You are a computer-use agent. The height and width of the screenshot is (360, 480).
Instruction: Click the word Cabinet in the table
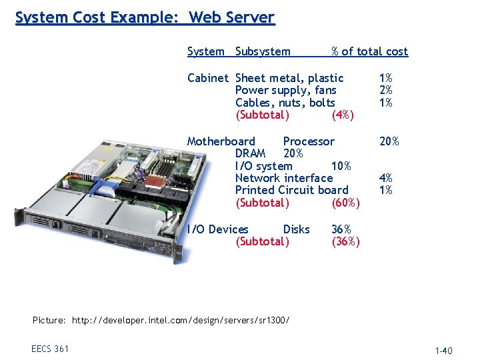click(207, 78)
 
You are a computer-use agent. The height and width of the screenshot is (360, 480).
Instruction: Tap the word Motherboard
click(221, 141)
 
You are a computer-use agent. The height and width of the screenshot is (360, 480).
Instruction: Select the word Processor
click(309, 141)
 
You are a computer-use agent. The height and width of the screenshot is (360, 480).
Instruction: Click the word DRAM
click(250, 153)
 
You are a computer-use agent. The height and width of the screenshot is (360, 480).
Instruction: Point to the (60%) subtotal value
click(345, 203)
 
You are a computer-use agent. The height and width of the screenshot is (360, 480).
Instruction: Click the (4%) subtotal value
click(342, 115)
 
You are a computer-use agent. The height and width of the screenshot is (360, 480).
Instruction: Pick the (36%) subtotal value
click(345, 241)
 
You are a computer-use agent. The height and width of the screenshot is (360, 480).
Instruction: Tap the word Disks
click(296, 229)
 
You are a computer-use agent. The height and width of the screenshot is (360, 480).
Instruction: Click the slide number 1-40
click(443, 351)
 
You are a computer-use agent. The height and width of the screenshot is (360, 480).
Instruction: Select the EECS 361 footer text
click(49, 349)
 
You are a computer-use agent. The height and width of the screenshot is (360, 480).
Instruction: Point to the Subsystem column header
click(263, 51)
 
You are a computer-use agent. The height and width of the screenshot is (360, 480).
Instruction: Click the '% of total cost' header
click(369, 51)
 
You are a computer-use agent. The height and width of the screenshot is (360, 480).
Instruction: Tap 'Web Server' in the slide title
click(231, 17)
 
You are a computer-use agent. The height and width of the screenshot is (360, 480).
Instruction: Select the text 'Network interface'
click(284, 178)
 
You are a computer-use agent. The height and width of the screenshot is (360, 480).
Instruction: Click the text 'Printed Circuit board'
click(291, 190)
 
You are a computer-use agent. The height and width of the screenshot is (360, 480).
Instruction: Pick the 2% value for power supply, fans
click(385, 90)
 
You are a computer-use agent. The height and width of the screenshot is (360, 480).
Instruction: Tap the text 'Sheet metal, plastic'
click(289, 78)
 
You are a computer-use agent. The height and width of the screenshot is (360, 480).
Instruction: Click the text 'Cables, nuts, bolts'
click(285, 103)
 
